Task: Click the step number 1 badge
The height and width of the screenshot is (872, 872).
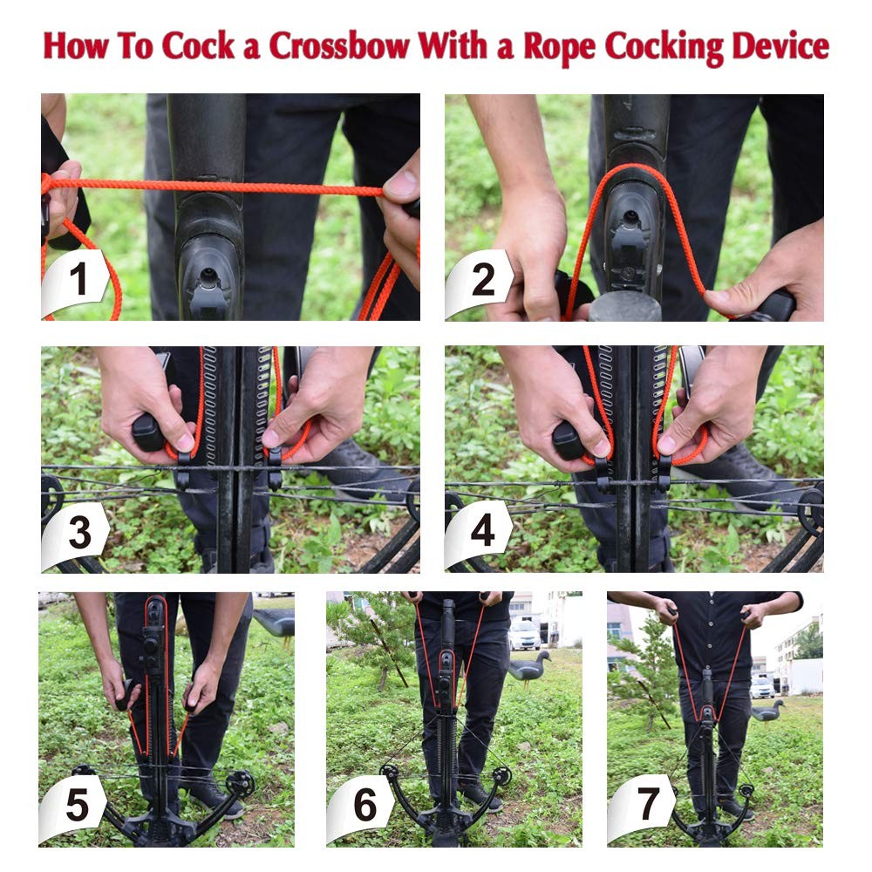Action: pos(77,282)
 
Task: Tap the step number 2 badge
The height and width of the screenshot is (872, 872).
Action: pos(481,282)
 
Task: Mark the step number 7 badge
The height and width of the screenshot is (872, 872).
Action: pos(644,807)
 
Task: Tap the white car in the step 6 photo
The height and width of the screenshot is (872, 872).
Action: pos(524,634)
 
